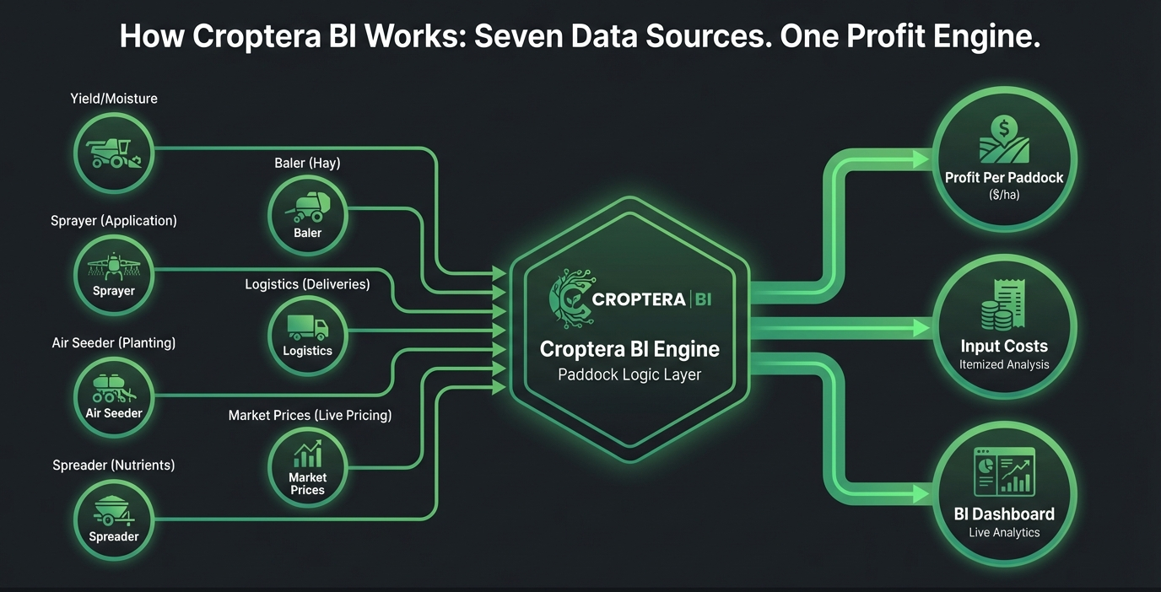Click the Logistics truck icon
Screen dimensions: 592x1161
coord(307,327)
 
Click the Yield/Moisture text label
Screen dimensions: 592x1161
coord(114,99)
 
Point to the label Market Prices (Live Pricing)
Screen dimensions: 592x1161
coord(310,416)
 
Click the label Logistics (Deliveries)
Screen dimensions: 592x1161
coord(307,284)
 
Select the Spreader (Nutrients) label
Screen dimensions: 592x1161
coord(114,465)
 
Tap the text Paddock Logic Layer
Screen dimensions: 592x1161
coord(629,374)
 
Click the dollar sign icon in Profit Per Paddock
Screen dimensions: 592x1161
coord(1003,129)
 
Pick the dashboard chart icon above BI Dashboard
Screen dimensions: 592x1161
coord(1003,471)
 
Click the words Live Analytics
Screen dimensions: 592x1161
coord(1004,532)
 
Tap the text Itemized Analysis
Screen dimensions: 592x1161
coord(1004,365)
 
